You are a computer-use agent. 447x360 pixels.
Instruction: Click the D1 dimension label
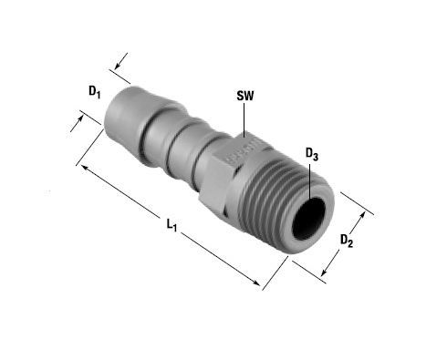94,92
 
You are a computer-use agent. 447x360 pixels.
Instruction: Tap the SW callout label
245,96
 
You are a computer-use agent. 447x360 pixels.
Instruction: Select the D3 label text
312,154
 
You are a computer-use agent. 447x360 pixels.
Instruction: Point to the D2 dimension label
347,241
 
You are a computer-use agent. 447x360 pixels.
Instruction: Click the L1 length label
172,225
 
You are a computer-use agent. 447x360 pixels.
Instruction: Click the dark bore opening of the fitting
308,219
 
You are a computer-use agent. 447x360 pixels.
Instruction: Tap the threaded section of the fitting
274,198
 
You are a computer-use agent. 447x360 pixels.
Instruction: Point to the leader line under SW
244,120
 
